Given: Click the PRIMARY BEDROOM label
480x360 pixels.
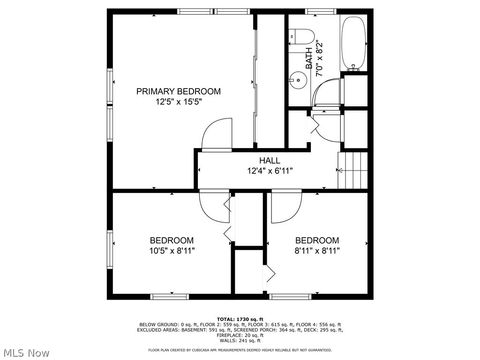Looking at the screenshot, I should [178, 91].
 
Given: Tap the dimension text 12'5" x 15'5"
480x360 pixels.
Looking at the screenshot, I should [178, 102].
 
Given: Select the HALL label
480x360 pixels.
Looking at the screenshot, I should [269, 160].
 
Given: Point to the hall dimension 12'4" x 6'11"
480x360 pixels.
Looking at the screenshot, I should [269, 171].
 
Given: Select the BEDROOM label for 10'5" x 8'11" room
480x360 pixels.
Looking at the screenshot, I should [171, 240].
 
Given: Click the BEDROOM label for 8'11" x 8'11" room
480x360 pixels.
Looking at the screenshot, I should [317, 240].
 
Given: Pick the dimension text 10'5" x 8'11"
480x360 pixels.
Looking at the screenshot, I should [171, 251].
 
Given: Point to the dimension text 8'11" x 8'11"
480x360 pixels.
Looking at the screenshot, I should [317, 251].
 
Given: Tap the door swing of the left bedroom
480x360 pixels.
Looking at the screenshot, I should [213, 205].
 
